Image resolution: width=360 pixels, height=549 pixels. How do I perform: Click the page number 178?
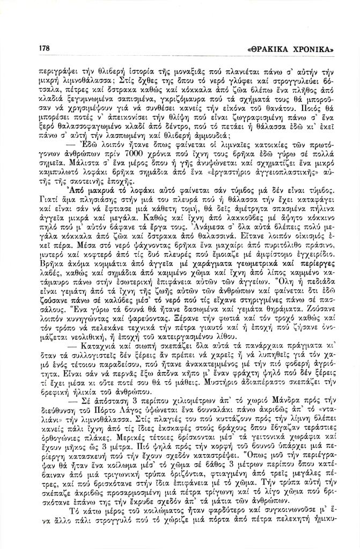point(44,48)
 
